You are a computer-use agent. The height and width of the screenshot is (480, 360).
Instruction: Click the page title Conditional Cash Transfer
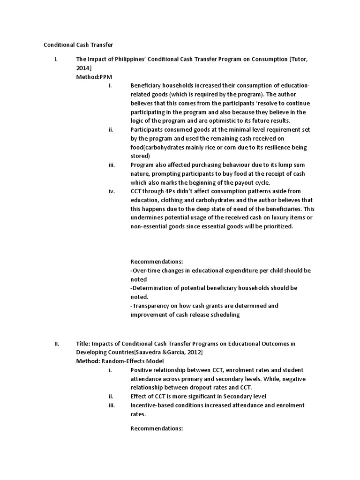pos(78,45)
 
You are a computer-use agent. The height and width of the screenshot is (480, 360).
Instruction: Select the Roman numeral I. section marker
pos(56,59)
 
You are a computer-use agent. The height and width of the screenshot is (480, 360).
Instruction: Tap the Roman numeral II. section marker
pos(57,344)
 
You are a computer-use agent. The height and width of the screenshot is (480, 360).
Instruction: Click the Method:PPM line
pos(94,76)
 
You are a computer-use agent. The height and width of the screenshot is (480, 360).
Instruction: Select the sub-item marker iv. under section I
pos(111,191)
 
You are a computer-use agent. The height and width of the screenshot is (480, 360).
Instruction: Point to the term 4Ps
pos(180,191)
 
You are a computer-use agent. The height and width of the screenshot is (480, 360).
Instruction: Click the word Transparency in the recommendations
pos(151,306)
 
